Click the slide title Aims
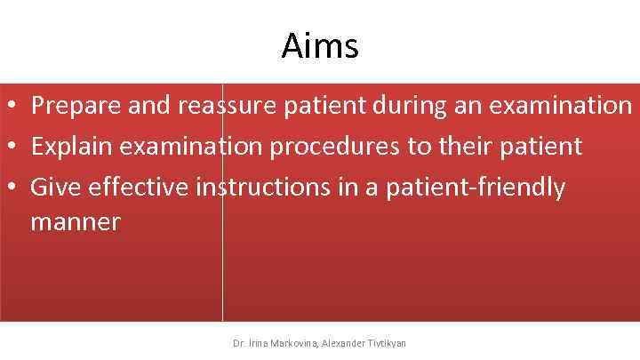pyautogui.click(x=320, y=45)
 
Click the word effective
pyautogui.click(x=138, y=188)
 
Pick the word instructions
pyautogui.click(x=268, y=188)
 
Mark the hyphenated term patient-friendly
pyautogui.click(x=475, y=188)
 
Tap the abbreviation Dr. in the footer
pyautogui.click(x=238, y=342)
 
